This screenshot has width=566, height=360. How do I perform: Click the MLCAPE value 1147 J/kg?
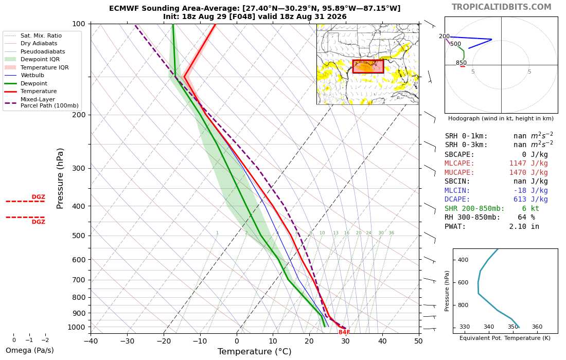pyautogui.click(x=528, y=164)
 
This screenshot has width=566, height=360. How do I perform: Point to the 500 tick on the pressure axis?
pyautogui.click(x=79, y=236)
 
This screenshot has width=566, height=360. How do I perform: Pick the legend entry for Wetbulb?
pyautogui.click(x=32, y=76)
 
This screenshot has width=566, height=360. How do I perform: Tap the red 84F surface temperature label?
pyautogui.click(x=344, y=332)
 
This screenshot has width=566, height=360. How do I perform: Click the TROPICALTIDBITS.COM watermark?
pyautogui.click(x=501, y=7)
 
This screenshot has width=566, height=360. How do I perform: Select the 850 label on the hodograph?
pyautogui.click(x=461, y=63)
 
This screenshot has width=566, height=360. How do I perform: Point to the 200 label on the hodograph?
pyautogui.click(x=445, y=37)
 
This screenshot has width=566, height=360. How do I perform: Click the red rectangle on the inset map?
pyautogui.click(x=368, y=67)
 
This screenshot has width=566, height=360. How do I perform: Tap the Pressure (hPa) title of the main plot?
pyautogui.click(x=60, y=178)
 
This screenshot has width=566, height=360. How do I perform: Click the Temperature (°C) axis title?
pyautogui.click(x=255, y=351)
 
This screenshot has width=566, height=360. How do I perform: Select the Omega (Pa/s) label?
pyautogui.click(x=30, y=350)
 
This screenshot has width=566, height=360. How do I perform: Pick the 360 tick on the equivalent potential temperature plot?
pyautogui.click(x=537, y=327)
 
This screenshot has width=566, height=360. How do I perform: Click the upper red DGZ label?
pyautogui.click(x=38, y=197)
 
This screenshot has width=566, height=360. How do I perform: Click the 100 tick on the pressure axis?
pyautogui.click(x=79, y=24)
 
